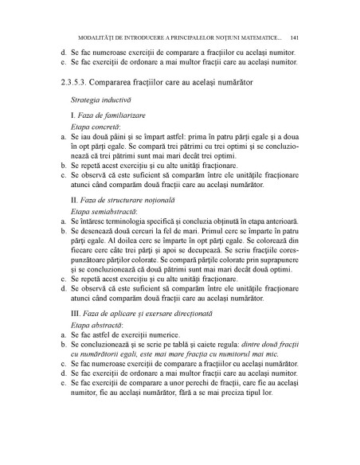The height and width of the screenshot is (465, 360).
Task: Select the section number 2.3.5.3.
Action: [x=76, y=82]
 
